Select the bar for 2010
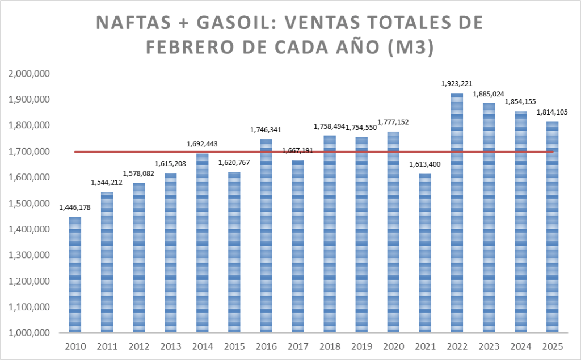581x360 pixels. click(x=75, y=275)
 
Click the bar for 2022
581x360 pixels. click(x=457, y=213)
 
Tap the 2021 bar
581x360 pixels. click(x=425, y=253)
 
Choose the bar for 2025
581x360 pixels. click(x=552, y=227)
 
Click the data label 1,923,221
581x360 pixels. click(x=457, y=84)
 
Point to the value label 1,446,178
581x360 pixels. click(x=75, y=207)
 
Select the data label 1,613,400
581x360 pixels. click(x=425, y=164)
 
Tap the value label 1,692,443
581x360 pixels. click(x=202, y=144)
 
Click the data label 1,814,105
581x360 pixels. click(x=552, y=112)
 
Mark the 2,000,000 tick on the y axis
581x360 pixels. click(x=29, y=74)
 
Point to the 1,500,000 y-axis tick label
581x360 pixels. click(x=29, y=204)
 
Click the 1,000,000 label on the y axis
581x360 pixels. click(x=29, y=333)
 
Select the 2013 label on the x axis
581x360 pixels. click(x=170, y=346)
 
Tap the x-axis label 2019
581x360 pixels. click(x=361, y=346)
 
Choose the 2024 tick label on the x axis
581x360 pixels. click(x=520, y=346)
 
